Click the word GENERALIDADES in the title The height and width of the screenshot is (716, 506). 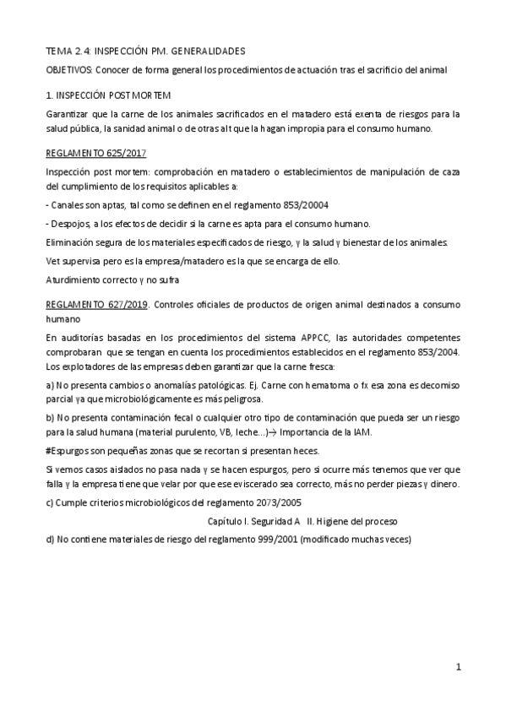pyautogui.click(x=211, y=52)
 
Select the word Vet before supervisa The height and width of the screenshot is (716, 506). pyautogui.click(x=53, y=261)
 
